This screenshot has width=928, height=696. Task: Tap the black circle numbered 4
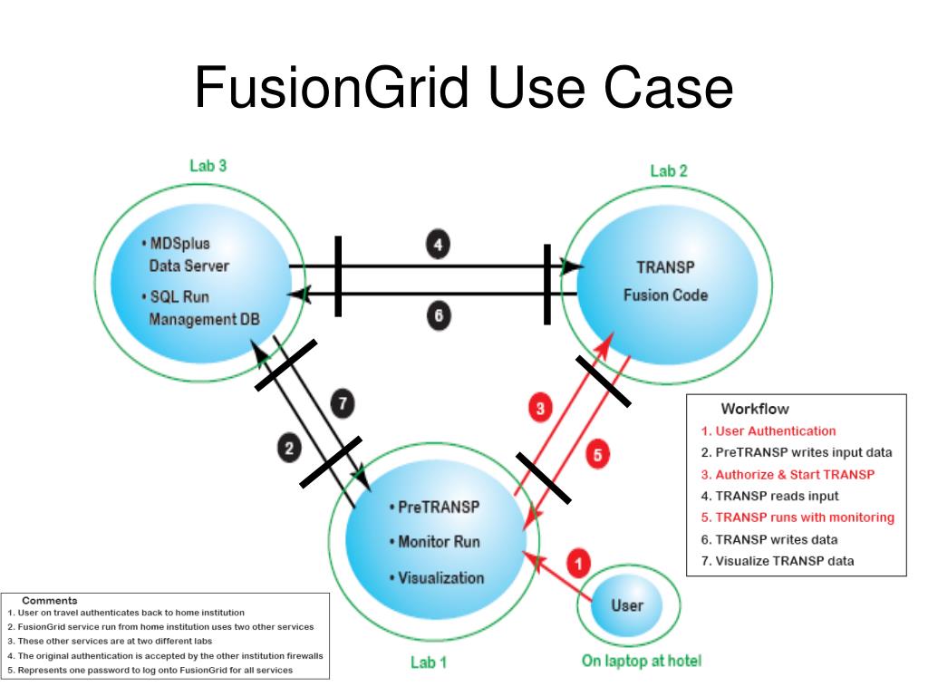(x=438, y=244)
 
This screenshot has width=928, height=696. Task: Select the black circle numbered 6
(x=438, y=316)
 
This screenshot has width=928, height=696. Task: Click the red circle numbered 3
(x=540, y=409)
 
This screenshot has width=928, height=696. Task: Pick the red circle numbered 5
(x=595, y=455)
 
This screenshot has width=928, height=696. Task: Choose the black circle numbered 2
(x=289, y=448)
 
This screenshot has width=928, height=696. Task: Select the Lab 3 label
(x=208, y=166)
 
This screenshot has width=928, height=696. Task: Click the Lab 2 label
(x=669, y=170)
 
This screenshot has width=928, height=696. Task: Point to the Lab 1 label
(x=429, y=662)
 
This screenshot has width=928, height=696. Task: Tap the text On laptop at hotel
(x=641, y=661)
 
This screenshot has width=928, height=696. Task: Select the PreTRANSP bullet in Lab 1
(x=433, y=507)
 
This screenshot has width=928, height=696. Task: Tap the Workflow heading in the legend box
(x=754, y=409)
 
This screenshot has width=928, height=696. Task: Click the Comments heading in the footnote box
(x=49, y=600)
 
